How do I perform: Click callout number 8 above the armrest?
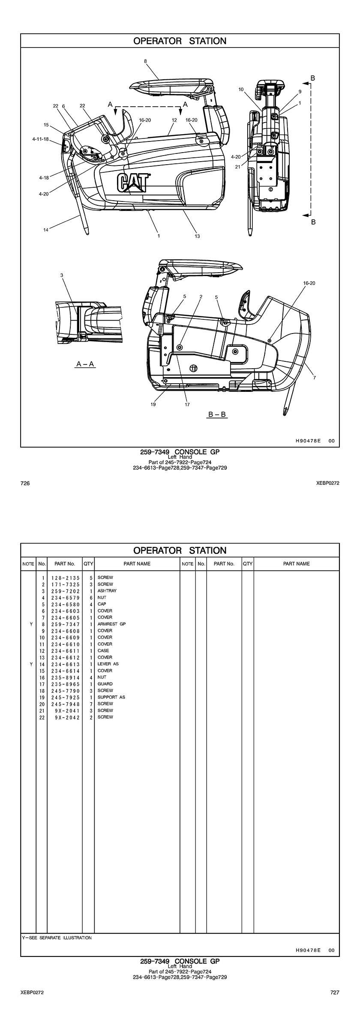tap(145, 61)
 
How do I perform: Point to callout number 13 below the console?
tap(197, 236)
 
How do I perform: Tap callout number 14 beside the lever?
tap(46, 230)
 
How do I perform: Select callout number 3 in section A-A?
tap(62, 275)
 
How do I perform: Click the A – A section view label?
tap(85, 364)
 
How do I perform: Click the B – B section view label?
tap(217, 415)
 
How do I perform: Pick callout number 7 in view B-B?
tap(315, 378)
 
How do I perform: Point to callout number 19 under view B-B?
tap(153, 404)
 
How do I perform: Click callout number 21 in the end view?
tap(237, 167)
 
